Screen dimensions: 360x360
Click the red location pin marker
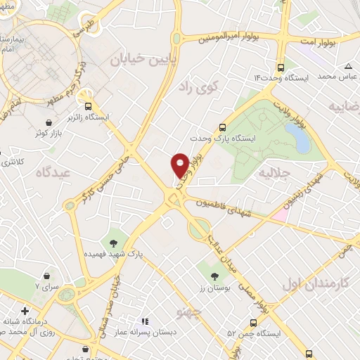[x=180, y=165]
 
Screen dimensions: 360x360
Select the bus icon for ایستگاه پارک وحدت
[x=222, y=128]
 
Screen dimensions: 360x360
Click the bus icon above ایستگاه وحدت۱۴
[x=281, y=68]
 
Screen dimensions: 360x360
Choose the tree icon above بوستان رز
[x=214, y=276]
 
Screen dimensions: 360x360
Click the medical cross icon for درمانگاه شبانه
[x=25, y=310]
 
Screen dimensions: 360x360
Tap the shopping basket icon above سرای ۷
[x=46, y=275]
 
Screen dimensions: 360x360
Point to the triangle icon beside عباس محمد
[x=348, y=67]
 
